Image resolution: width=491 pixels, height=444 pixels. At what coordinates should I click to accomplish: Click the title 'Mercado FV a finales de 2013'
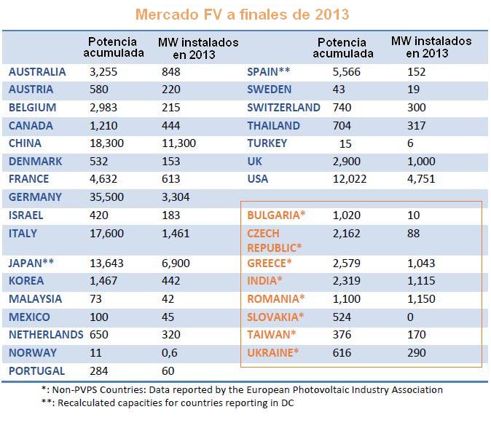[x=242, y=15]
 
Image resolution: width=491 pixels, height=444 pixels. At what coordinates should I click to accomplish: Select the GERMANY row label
[x=35, y=197]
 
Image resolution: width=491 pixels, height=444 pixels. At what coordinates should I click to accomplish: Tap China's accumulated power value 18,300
[x=107, y=143]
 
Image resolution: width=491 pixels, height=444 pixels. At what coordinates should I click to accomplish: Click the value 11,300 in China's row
[x=178, y=143]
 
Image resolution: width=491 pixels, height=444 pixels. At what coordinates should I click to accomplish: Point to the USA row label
[x=258, y=179]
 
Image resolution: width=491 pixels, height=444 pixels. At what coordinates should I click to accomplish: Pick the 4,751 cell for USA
[x=421, y=179]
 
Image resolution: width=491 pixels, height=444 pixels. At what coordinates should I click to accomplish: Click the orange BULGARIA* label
[x=276, y=215]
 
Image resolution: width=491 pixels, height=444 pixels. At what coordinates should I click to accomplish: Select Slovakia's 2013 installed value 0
[x=410, y=317]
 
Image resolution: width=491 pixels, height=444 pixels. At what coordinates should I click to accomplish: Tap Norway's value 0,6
[x=170, y=353]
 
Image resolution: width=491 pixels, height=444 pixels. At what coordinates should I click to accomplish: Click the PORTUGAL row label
[x=36, y=370]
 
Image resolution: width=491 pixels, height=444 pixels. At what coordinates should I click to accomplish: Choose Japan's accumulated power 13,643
[x=107, y=263]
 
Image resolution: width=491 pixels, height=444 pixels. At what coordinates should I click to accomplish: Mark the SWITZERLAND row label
[x=283, y=107]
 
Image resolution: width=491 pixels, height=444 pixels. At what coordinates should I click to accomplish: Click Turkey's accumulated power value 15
[x=345, y=143]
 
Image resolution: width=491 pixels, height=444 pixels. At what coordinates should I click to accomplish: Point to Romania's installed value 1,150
[x=421, y=299]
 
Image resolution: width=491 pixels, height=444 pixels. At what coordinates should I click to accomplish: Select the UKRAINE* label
[x=272, y=353]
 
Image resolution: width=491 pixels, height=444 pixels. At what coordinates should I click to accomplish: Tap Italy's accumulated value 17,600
[x=107, y=234]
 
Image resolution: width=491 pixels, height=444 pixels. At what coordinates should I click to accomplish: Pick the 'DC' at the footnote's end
[x=288, y=403]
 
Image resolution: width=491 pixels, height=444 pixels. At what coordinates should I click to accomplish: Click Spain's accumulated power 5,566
[x=346, y=72]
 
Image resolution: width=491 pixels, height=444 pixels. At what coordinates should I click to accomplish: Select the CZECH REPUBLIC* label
[x=275, y=241]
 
